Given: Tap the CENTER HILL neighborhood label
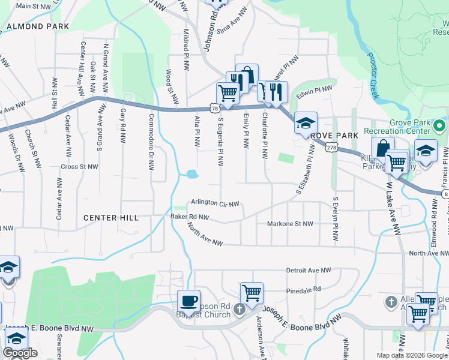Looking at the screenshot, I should pos(111,218).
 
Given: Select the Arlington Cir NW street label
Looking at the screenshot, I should pos(215,203).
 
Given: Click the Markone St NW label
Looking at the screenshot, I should pos(290,224).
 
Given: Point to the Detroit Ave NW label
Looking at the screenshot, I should pos(309,271).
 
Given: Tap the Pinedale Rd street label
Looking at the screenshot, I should pos(303,289).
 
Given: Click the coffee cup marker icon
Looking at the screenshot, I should pos(189,300).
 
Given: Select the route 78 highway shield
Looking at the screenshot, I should pos(215,108).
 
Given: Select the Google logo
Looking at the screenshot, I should pos(20,353).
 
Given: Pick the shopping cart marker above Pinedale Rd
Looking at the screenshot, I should pos(252,293).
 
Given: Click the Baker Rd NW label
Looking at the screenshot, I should pos(189,217).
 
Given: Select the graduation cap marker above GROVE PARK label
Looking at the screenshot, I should pos(306,124).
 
